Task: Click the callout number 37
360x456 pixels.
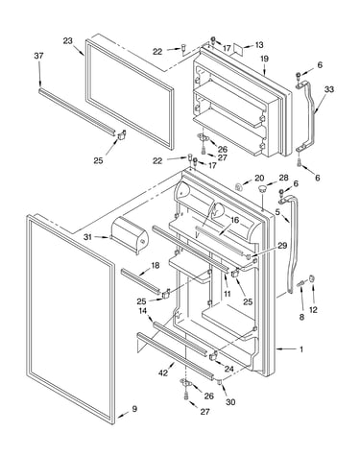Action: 38,56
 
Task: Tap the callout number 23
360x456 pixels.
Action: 67,41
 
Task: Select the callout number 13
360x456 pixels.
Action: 259,45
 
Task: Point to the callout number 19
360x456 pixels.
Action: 264,59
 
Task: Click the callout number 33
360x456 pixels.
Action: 328,89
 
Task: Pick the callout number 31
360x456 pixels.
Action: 88,237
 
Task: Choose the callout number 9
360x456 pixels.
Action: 134,409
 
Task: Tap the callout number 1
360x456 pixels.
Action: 300,349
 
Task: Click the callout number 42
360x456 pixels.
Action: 163,372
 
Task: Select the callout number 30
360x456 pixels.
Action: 230,401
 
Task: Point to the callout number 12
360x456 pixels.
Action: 313,309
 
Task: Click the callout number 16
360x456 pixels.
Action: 234,220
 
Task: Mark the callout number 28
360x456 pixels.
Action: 283,178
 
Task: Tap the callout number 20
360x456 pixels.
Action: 259,178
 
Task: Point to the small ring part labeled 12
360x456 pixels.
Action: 312,277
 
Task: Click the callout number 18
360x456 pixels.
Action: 155,266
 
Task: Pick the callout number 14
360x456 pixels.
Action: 143,310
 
